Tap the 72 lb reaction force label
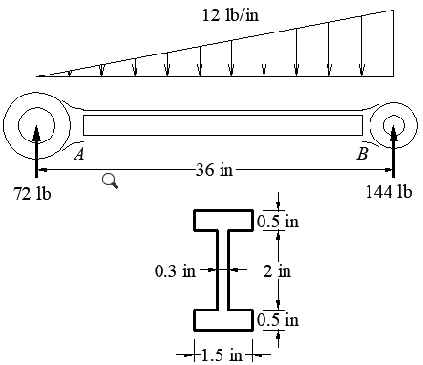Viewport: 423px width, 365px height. click(32, 193)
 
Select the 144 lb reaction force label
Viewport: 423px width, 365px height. click(389, 191)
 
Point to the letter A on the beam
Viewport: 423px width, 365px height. click(78, 153)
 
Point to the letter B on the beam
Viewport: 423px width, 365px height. click(362, 153)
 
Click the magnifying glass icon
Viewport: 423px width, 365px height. click(110, 181)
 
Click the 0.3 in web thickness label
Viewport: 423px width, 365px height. click(175, 270)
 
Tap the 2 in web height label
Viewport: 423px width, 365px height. click(277, 270)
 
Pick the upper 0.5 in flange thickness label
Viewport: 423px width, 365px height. click(278, 222)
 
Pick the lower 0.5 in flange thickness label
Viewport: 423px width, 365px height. click(278, 319)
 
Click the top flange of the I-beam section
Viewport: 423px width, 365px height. click(225, 222)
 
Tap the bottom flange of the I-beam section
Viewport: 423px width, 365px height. click(225, 319)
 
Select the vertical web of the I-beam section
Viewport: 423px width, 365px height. click(225, 270)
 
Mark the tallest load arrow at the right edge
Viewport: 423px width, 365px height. click(393, 43)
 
